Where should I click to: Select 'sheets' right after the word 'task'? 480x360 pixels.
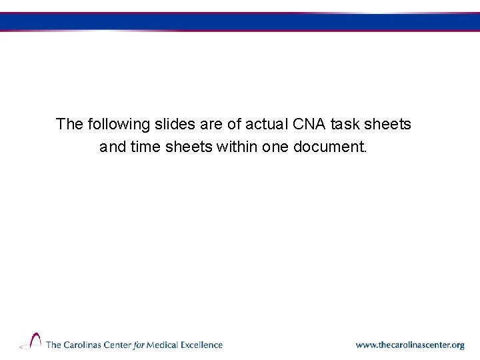tap(388, 124)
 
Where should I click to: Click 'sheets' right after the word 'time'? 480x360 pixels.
tap(189, 147)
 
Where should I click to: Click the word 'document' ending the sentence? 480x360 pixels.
tap(330, 147)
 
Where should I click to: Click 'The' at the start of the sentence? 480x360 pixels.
tap(69, 124)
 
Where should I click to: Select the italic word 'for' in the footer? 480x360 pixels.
tap(138, 345)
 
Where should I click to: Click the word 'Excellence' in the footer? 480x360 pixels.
tap(202, 345)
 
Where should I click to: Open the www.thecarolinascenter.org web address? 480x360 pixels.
tap(410, 345)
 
